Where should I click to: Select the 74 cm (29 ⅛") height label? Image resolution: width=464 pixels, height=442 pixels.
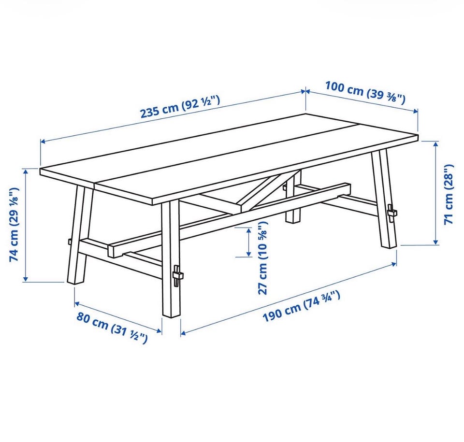click(x=14, y=224)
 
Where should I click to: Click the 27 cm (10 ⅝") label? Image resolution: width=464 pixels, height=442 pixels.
click(x=262, y=258)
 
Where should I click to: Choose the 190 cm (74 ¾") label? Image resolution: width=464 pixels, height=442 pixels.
click(x=301, y=306)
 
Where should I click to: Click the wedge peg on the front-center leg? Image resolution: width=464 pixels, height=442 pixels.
click(x=177, y=275)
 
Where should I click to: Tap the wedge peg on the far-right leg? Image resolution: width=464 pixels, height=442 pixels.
click(x=392, y=213)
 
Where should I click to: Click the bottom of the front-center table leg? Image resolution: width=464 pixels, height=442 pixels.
click(x=172, y=315)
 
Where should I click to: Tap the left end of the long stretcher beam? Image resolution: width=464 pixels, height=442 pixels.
click(x=111, y=251)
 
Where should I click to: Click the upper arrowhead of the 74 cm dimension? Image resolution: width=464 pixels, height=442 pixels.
click(x=26, y=172)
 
